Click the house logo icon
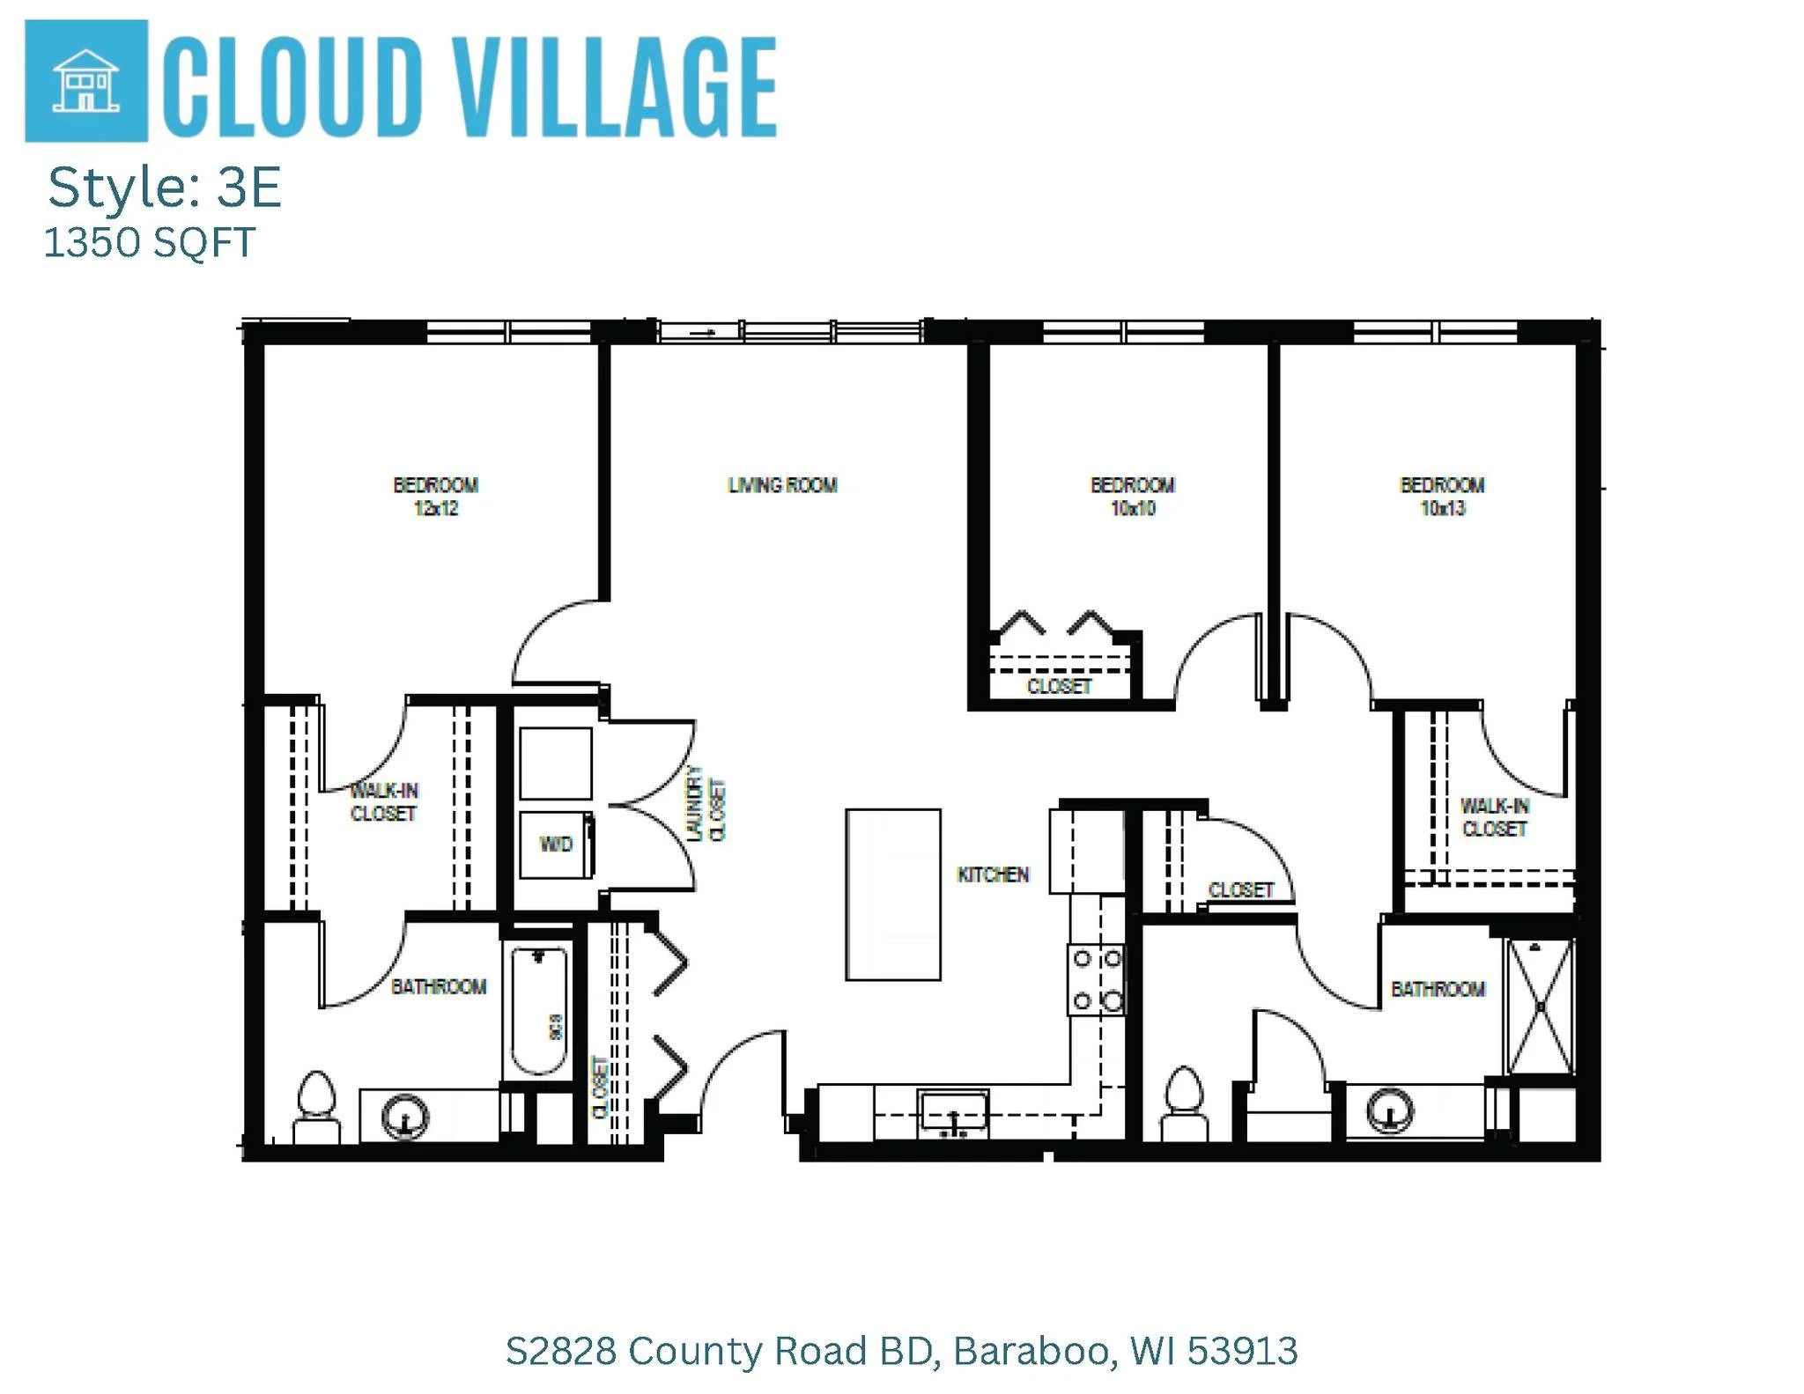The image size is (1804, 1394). pyautogui.click(x=85, y=81)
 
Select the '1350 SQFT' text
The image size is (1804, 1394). pyautogui.click(x=150, y=243)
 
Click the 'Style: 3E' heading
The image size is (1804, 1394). pyautogui.click(x=165, y=188)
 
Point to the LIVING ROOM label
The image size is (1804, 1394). pyautogui.click(x=782, y=485)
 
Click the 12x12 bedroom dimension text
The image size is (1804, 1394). pyautogui.click(x=436, y=509)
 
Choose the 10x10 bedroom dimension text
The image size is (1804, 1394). pyautogui.click(x=1133, y=509)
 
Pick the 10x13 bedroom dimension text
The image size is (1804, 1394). pyautogui.click(x=1443, y=509)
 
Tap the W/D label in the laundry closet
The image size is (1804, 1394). pyautogui.click(x=556, y=845)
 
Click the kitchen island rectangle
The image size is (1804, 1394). pyautogui.click(x=892, y=894)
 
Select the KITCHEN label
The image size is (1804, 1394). pyautogui.click(x=993, y=874)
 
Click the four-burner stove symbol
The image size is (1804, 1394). pyautogui.click(x=1097, y=979)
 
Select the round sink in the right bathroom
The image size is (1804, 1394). pyautogui.click(x=1389, y=1110)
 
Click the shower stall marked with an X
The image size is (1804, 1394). pyautogui.click(x=1540, y=1007)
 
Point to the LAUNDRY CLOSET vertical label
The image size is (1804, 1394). pyautogui.click(x=706, y=803)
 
